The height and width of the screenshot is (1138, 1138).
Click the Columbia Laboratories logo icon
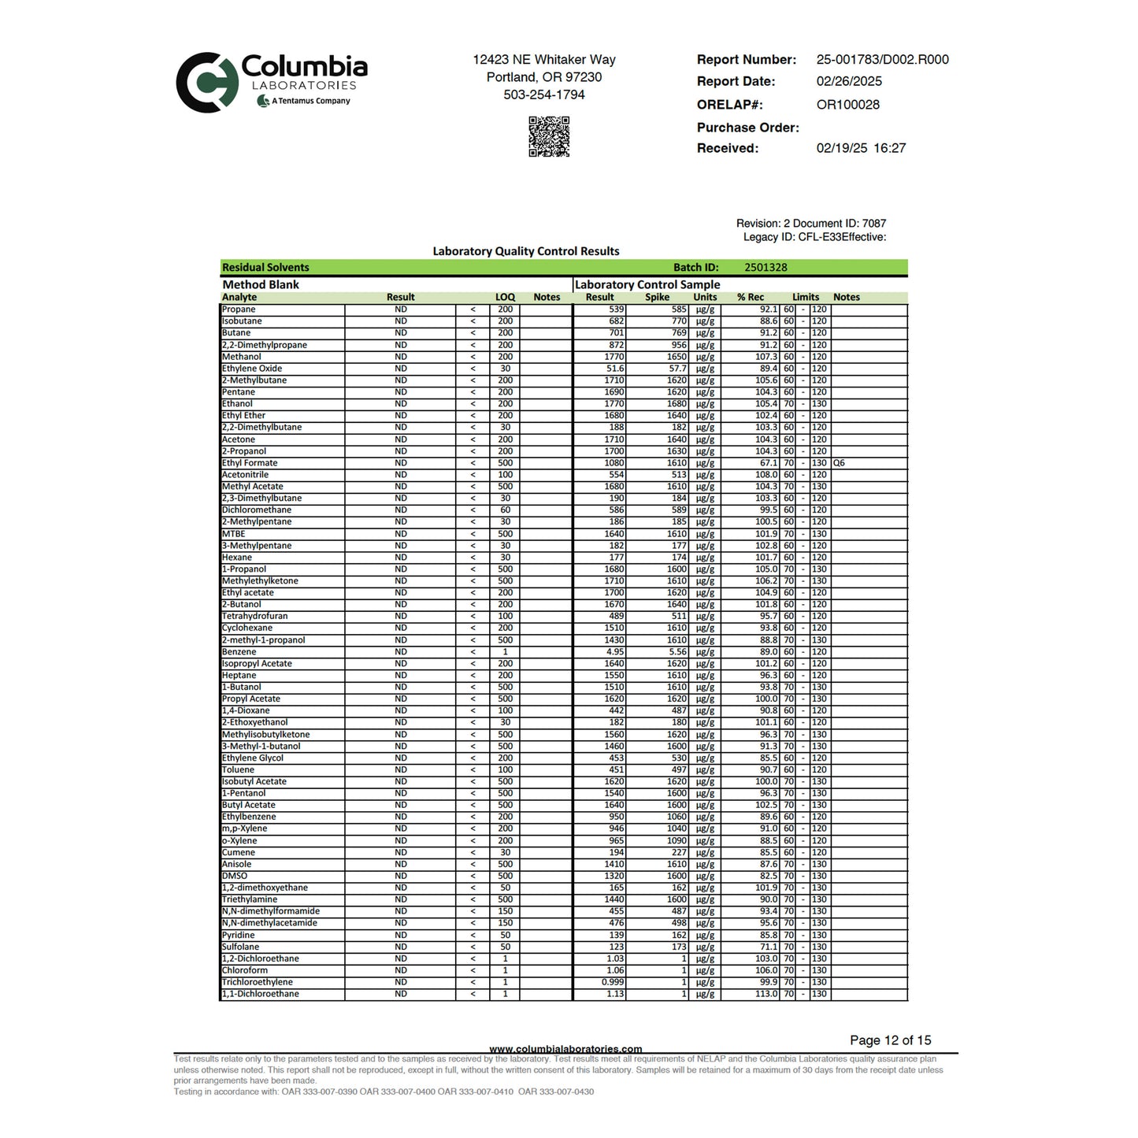[207, 82]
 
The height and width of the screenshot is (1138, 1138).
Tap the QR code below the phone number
[549, 136]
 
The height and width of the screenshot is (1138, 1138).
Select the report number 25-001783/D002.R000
[882, 60]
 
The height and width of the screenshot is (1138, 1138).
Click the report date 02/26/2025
[849, 81]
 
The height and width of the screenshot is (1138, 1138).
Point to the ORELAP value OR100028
[847, 105]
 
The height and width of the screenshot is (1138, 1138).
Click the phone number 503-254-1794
[544, 95]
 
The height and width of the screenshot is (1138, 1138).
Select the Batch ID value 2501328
[765, 268]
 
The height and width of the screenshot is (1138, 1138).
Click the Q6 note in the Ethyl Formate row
[839, 463]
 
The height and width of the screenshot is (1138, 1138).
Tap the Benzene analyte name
[239, 652]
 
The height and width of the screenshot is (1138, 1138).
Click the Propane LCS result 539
[616, 310]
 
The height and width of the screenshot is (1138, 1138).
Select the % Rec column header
[751, 297]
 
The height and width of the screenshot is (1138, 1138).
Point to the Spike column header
[657, 297]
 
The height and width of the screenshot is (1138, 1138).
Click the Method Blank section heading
[261, 284]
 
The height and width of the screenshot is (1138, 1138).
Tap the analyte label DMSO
[234, 876]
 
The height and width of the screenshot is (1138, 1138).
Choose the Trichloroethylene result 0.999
[613, 982]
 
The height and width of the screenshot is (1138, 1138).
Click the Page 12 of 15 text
[890, 1040]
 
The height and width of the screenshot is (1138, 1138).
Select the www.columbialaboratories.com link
[565, 1049]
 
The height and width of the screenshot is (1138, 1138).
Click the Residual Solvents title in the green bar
[265, 268]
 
